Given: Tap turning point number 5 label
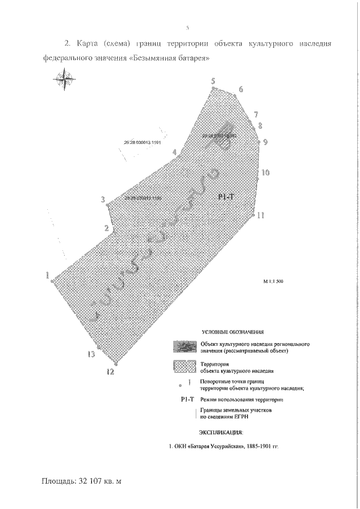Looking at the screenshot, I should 213,82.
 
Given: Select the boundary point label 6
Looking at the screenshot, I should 240,89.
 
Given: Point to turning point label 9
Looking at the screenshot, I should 265,142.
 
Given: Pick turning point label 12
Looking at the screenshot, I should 110,372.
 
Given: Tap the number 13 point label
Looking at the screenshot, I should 91,354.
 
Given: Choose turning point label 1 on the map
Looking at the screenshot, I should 48,276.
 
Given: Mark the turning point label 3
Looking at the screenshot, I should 102,200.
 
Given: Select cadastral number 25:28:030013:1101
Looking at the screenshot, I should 142,143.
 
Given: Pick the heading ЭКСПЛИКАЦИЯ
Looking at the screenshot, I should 221,433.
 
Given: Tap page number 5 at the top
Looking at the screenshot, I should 187,27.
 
